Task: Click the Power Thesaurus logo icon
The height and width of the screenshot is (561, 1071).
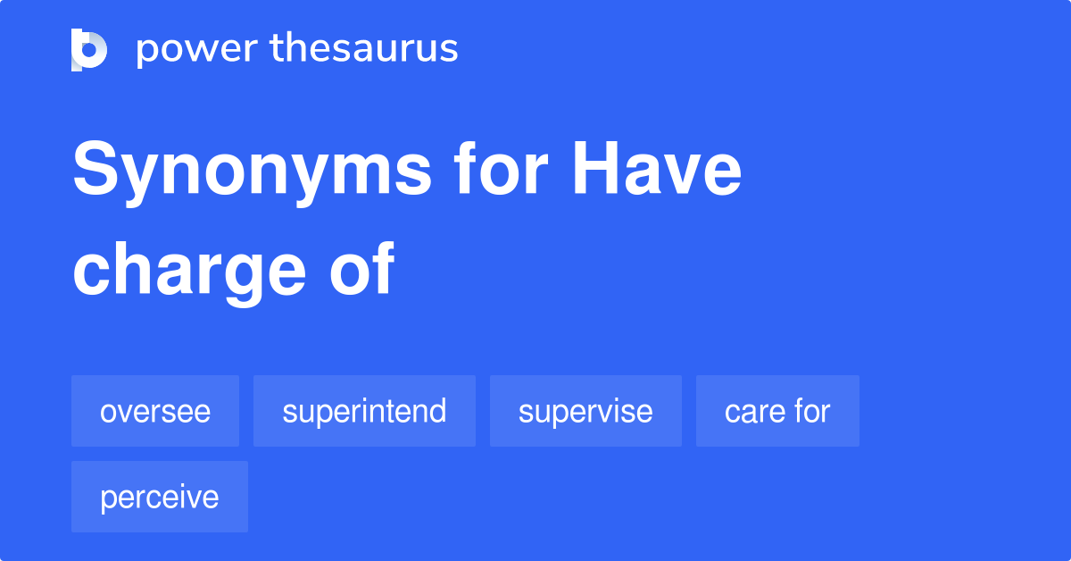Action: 89,49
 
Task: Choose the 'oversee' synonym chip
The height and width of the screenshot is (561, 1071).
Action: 155,411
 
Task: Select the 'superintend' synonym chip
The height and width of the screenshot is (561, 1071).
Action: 364,411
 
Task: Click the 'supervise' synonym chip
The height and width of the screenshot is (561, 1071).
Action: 585,411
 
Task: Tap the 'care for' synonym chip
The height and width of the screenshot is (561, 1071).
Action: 777,411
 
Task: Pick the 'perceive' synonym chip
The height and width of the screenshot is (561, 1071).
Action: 160,497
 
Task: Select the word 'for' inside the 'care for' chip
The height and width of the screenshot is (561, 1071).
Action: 812,411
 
